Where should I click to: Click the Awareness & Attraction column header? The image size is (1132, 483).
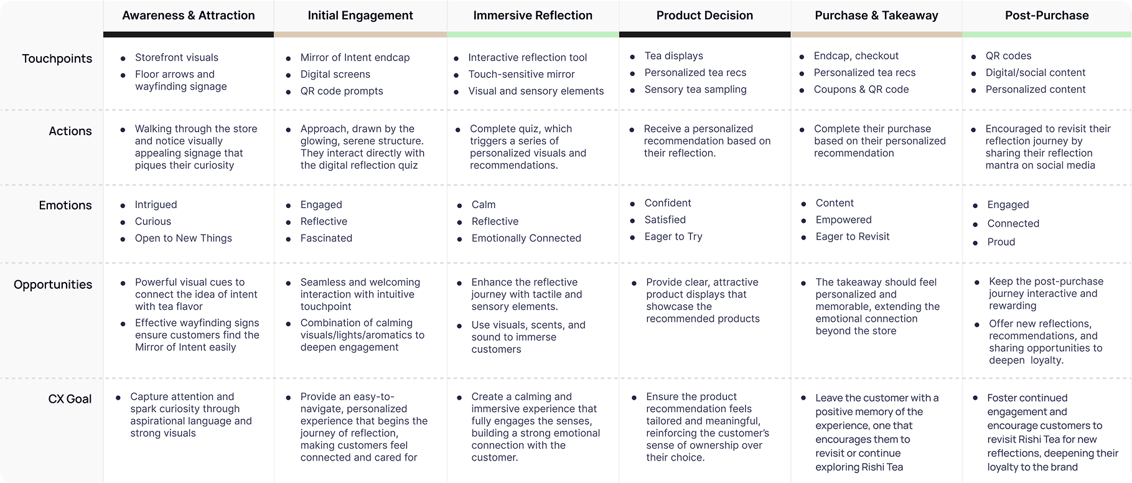click(189, 16)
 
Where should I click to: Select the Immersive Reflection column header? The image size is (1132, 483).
click(533, 16)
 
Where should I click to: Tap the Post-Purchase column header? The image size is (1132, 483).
click(1047, 16)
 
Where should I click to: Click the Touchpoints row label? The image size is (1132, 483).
click(57, 59)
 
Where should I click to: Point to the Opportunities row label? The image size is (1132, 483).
click(53, 285)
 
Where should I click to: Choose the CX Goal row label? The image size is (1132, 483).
click(70, 399)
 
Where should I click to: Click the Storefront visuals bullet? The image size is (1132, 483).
click(176, 57)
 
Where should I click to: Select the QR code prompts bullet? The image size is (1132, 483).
click(342, 91)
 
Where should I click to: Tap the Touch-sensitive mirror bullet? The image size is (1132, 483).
click(522, 74)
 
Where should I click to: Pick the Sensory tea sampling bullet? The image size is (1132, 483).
click(695, 89)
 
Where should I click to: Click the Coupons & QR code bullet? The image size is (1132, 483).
click(861, 89)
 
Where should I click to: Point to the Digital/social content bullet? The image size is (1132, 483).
click(1035, 72)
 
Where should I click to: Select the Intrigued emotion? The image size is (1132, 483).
click(156, 205)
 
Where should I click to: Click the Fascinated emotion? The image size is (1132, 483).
click(326, 238)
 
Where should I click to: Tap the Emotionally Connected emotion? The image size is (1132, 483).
click(526, 238)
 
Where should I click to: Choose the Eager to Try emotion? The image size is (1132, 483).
click(673, 237)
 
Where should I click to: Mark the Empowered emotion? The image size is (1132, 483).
click(843, 220)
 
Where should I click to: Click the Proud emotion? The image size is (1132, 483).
click(1001, 242)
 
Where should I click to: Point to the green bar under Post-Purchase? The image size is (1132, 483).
click(1047, 35)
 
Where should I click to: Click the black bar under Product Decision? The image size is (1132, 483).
click(704, 35)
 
